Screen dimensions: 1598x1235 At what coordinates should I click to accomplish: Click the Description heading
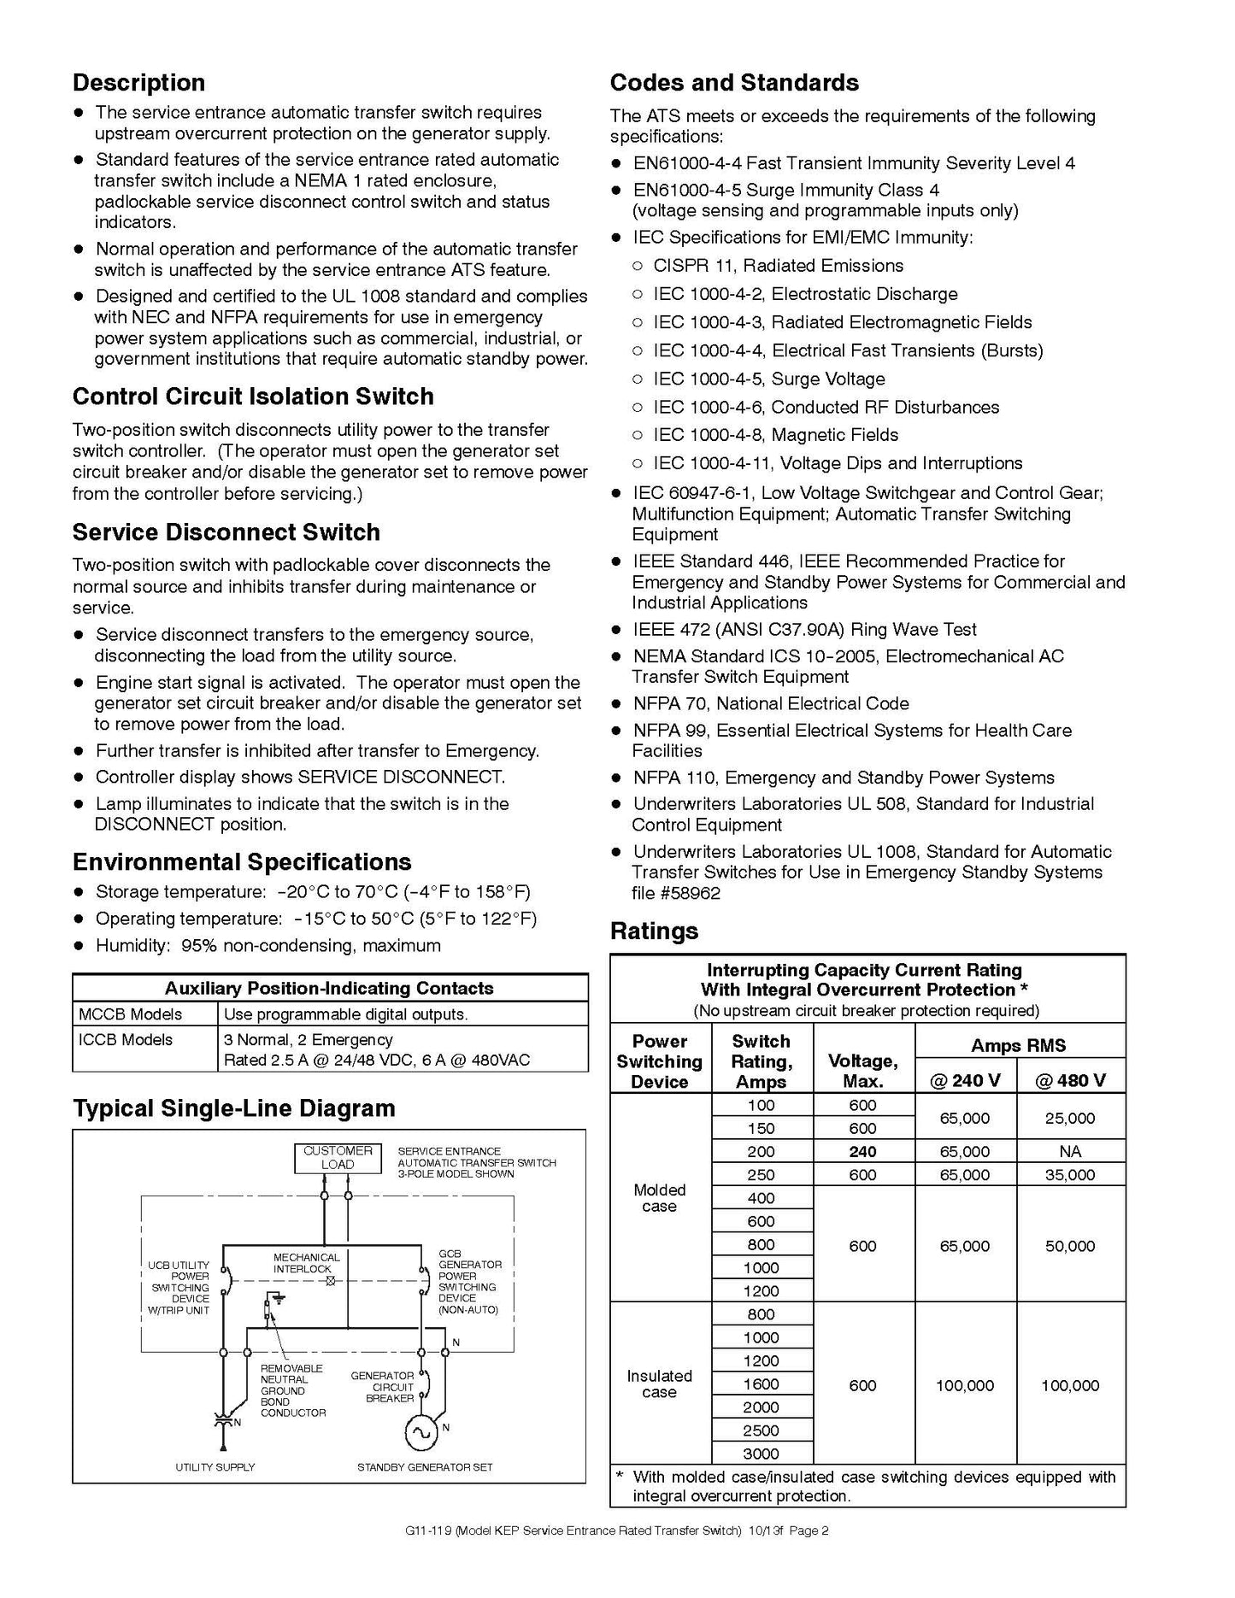coord(138,83)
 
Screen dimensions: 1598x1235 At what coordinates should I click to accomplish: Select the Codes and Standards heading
coord(734,83)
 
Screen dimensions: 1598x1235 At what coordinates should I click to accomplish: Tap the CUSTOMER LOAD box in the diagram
coord(338,1157)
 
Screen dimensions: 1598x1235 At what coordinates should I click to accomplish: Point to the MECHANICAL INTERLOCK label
coord(306,1263)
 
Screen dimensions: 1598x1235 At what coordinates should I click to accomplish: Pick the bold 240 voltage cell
coord(862,1151)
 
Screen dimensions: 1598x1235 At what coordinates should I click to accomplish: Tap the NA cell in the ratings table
coord(1070,1151)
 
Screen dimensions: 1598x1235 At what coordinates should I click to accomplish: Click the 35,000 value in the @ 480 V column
coord(1070,1175)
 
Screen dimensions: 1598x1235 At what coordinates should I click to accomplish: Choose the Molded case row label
coord(659,1198)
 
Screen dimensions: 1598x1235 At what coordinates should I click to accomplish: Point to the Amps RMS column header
coord(1018,1045)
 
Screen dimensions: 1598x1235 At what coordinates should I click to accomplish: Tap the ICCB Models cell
coord(126,1039)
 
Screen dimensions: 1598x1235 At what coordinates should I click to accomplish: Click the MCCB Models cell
coord(130,1014)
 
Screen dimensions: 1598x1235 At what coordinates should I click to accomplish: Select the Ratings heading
coord(654,931)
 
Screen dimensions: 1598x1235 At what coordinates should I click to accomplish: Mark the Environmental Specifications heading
coord(242,861)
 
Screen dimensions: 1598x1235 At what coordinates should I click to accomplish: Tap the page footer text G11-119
coord(427,1530)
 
